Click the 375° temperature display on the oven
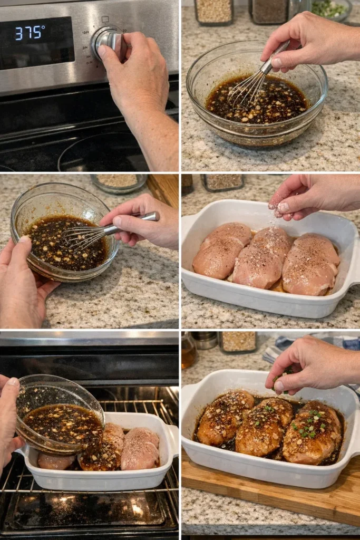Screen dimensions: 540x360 coord(30,33)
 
